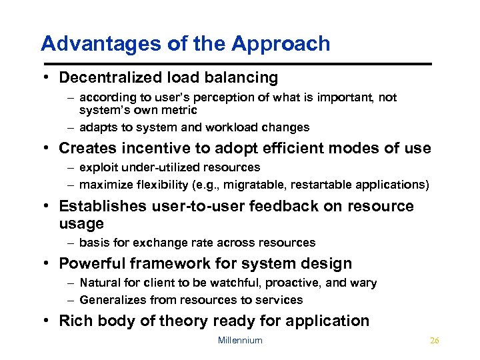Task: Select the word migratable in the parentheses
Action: (x=255, y=184)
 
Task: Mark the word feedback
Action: (x=285, y=207)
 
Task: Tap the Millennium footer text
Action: (x=240, y=341)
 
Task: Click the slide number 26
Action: (x=435, y=341)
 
